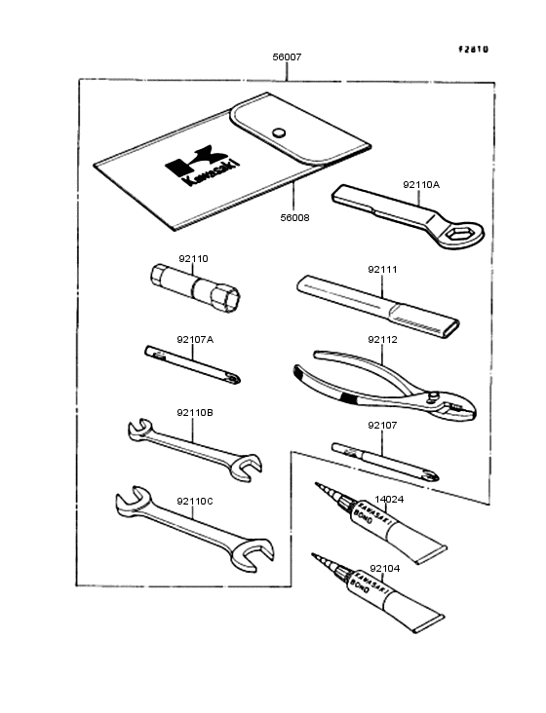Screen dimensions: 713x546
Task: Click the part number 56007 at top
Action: click(x=287, y=57)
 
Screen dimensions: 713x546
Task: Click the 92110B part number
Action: click(x=195, y=413)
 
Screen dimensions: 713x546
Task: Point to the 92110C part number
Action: click(x=195, y=501)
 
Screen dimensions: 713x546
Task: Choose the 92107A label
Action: click(x=195, y=339)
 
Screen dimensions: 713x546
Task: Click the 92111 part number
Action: click(x=382, y=269)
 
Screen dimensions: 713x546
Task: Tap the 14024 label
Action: click(x=389, y=500)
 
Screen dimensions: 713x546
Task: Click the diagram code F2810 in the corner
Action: click(x=475, y=48)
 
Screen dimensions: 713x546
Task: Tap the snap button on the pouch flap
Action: click(x=279, y=131)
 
